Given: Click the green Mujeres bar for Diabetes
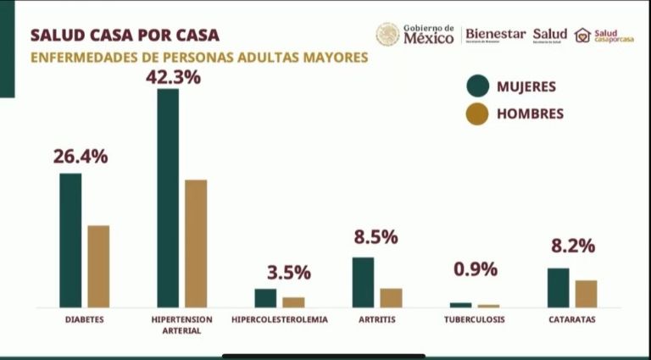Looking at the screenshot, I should [70, 240].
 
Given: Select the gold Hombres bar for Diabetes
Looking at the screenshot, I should [98, 266].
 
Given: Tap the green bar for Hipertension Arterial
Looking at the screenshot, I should [168, 197].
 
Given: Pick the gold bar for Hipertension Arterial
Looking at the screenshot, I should [196, 243].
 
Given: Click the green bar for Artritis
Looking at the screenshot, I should [363, 282].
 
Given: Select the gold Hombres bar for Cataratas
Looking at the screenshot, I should [586, 293].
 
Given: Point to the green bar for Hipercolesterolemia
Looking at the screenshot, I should [265, 297].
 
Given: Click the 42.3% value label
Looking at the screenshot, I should [172, 77].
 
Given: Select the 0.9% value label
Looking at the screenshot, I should [476, 269].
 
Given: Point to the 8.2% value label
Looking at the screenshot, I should [573, 246].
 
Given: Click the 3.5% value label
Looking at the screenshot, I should [289, 273].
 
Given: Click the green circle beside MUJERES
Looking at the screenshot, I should [478, 86].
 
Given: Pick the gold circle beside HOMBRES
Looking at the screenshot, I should [478, 114].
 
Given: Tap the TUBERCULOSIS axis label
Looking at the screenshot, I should [474, 320].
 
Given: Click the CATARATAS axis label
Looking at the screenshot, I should [572, 320].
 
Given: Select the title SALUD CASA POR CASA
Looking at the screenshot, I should [125, 36].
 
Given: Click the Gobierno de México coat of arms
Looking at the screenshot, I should [387, 35].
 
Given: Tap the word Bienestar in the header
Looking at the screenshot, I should [495, 34].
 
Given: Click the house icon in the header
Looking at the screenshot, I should [582, 35].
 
